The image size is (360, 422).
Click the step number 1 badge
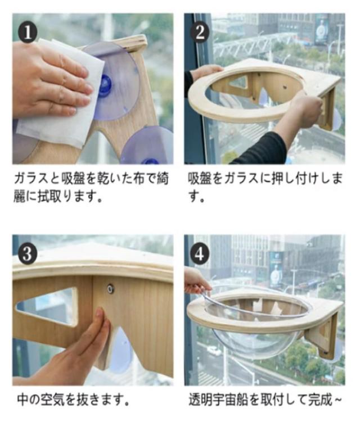[27, 33]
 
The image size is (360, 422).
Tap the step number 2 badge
[200, 32]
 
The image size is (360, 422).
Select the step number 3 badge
[27, 254]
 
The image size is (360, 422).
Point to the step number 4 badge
[200, 253]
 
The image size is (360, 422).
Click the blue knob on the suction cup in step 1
[105, 85]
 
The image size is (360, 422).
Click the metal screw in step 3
[110, 289]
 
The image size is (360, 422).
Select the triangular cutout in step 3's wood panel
[47, 306]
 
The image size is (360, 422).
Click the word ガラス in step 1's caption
[31, 179]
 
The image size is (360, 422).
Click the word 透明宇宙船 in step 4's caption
[218, 400]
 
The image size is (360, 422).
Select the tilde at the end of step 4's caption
[337, 400]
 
